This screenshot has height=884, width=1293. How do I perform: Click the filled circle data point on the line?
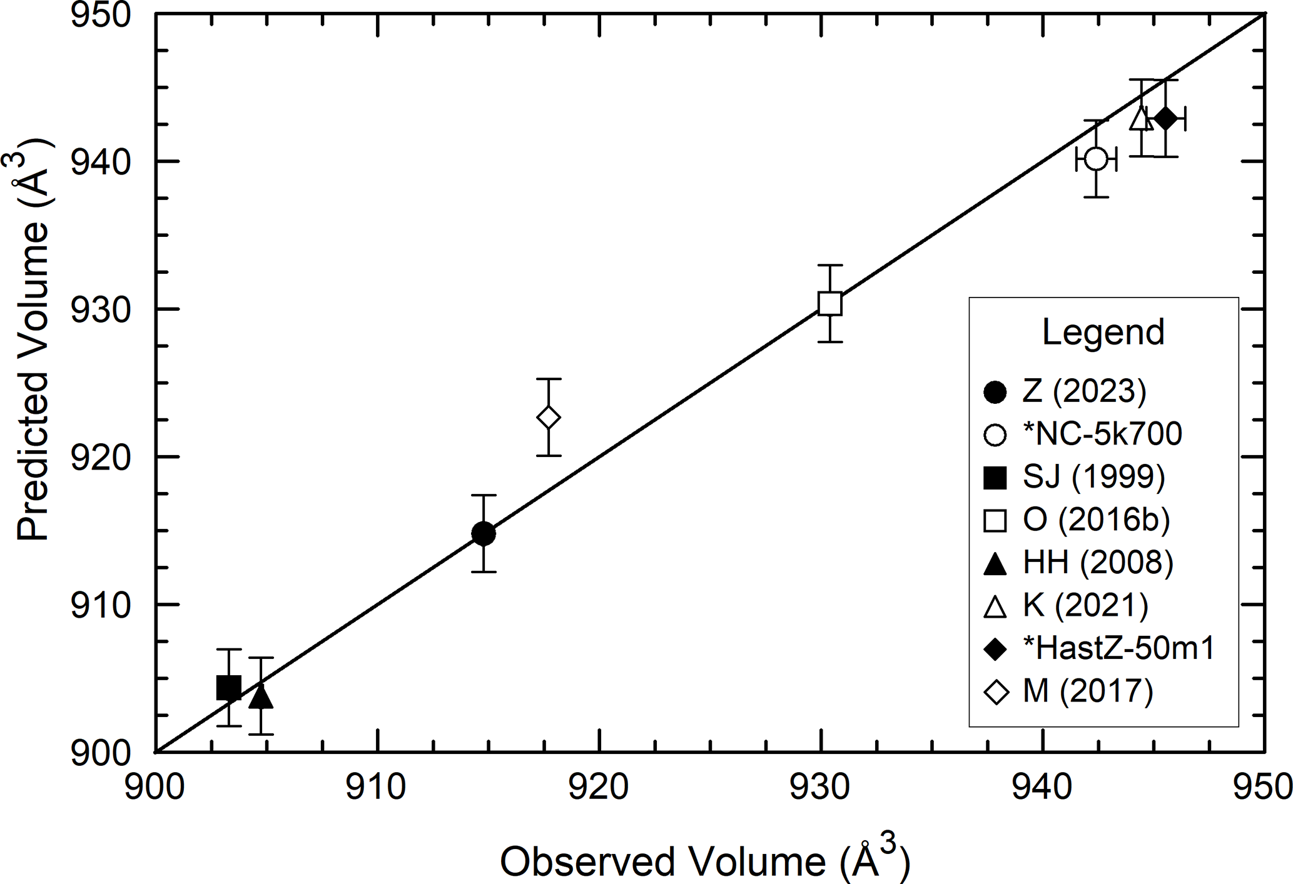(x=483, y=533)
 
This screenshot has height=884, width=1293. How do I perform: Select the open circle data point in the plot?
(x=1096, y=159)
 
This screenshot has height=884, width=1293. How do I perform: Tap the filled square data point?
(x=229, y=688)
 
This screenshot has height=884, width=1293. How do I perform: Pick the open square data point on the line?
(x=829, y=303)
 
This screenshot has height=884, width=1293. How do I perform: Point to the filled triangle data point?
(x=261, y=696)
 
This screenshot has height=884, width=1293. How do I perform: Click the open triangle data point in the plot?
(x=1141, y=118)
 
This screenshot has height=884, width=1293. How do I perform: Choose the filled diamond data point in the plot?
(x=1165, y=118)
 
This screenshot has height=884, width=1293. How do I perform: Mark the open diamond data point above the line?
(x=549, y=417)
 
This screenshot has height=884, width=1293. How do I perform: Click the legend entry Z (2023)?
(x=1084, y=391)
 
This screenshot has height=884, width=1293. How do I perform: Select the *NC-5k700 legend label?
(x=1102, y=434)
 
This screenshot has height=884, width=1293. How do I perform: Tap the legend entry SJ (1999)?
(x=1093, y=477)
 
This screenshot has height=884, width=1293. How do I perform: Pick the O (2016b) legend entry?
(x=1096, y=520)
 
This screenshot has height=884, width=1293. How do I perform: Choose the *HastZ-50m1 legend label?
(x=1118, y=648)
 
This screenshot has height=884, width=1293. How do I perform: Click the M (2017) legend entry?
(x=1087, y=691)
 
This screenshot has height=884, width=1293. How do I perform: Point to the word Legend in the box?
(x=1103, y=332)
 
